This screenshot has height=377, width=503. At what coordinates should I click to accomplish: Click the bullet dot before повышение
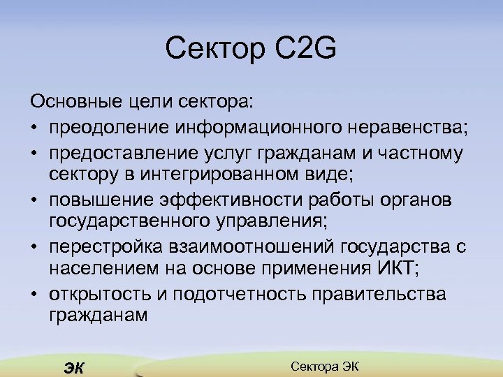click(x=34, y=200)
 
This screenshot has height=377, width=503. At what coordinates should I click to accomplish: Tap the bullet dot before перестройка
click(x=34, y=246)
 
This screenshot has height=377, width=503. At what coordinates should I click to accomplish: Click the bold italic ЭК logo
click(x=73, y=368)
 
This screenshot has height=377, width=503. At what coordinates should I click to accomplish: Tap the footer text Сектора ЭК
click(x=323, y=367)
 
